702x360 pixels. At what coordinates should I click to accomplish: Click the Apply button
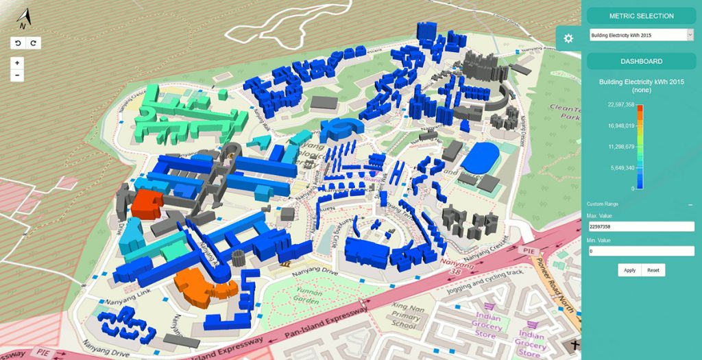[629, 270]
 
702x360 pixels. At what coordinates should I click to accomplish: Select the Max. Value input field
[641, 226]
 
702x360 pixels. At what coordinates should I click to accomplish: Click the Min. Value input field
[641, 251]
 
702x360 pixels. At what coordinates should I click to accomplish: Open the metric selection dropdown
[641, 34]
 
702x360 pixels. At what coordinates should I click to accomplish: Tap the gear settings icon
[568, 38]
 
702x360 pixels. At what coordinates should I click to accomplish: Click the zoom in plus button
[17, 62]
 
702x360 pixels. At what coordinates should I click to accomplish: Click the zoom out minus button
[17, 75]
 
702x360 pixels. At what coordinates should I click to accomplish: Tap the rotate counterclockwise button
[18, 43]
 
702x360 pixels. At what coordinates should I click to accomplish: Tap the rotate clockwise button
[33, 43]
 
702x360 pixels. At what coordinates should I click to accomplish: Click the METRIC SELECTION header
[641, 16]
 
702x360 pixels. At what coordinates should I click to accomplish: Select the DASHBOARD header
[641, 61]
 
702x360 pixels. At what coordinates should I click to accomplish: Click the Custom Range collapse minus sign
[690, 205]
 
